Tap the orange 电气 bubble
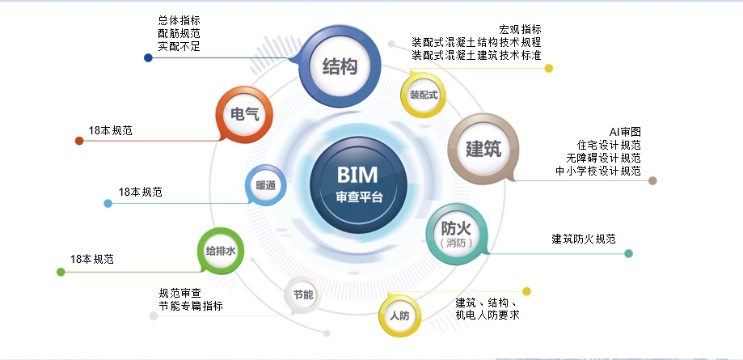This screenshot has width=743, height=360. click(x=245, y=114)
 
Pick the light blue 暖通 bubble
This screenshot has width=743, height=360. click(x=266, y=186)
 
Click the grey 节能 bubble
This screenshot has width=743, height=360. click(x=303, y=294)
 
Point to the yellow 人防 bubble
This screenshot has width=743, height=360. click(x=400, y=316)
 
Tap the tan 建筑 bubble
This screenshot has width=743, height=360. click(x=483, y=149)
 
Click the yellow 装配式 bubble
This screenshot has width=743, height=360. click(x=423, y=95)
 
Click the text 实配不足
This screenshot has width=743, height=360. click(x=179, y=47)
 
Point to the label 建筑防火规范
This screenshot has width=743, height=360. click(x=584, y=239)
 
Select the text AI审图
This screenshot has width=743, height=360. click(x=625, y=132)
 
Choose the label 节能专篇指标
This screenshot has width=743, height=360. click(x=191, y=306)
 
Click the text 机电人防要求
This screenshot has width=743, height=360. click(x=488, y=315)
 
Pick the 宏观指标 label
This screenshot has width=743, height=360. click(x=520, y=29)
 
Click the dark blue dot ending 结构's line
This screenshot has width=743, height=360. click(x=148, y=57)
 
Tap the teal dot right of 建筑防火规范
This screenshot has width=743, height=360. click(x=628, y=253)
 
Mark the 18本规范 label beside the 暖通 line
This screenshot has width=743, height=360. click(x=140, y=193)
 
